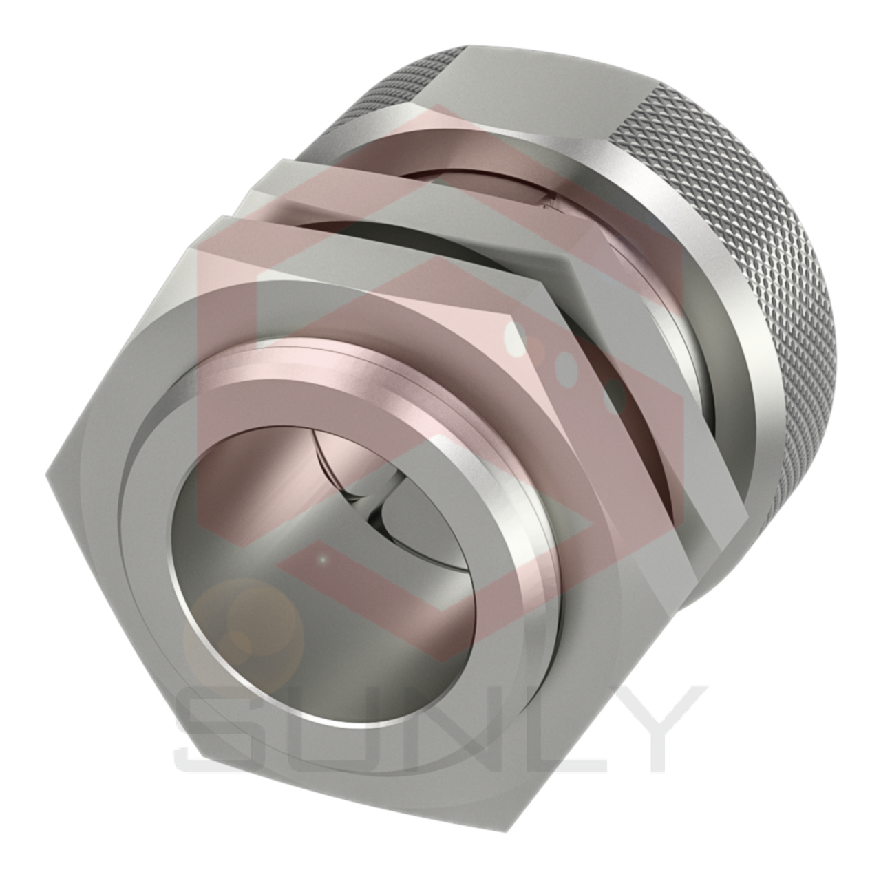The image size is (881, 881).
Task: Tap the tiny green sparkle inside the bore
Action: click(321, 560)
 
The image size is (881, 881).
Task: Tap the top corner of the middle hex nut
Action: click(282, 161)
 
